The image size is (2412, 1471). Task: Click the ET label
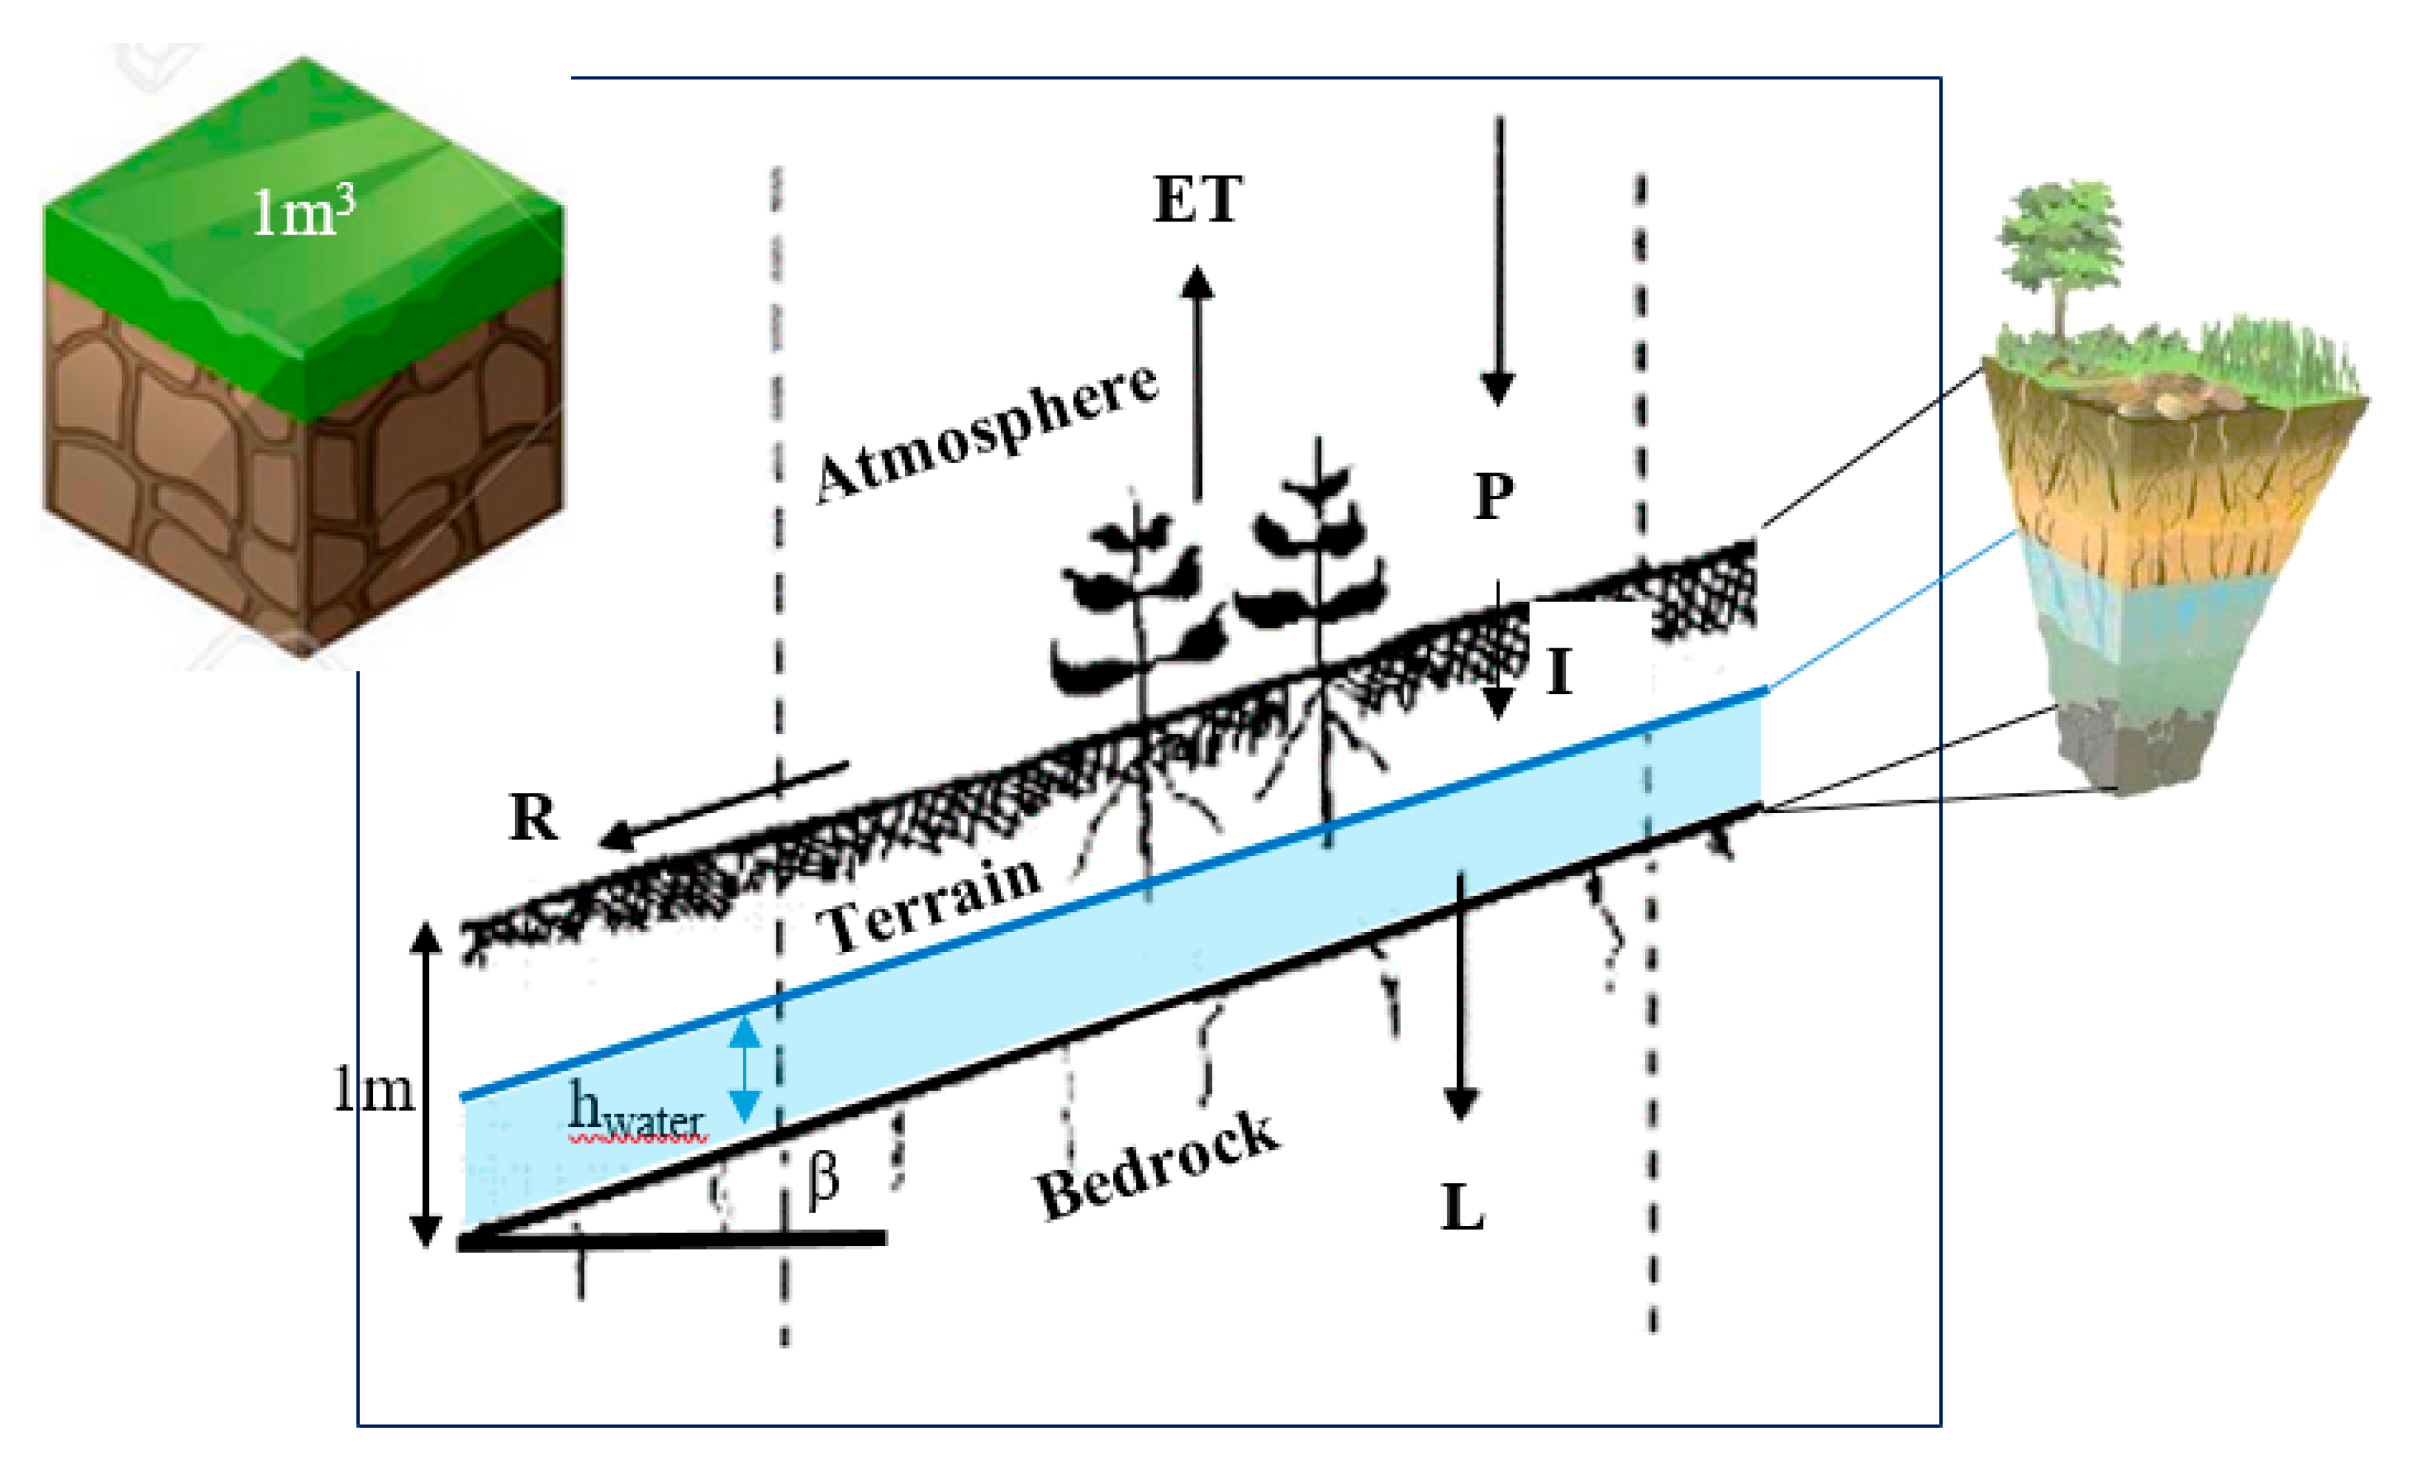tap(1197, 200)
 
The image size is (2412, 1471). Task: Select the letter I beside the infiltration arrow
tap(1560, 674)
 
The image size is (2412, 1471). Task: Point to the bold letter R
tap(534, 817)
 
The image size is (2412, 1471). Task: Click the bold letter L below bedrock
tap(1463, 1208)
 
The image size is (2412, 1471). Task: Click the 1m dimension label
tap(373, 1089)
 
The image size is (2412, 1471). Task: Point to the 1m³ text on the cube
tap(302, 213)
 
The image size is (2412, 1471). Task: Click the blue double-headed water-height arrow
tap(746, 1069)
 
